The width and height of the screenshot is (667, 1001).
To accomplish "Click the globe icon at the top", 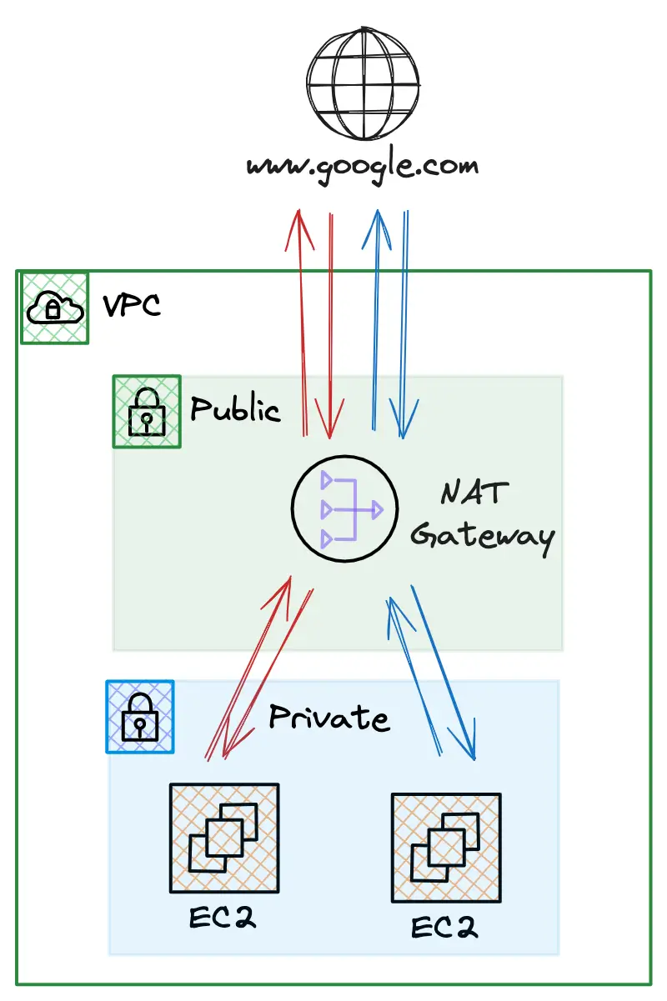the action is click(363, 83).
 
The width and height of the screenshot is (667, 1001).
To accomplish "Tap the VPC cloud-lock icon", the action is click(54, 308).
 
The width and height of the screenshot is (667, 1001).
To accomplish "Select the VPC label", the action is click(132, 306).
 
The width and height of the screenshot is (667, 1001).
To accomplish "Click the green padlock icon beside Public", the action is click(147, 412).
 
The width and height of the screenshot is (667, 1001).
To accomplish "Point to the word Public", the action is click(235, 408).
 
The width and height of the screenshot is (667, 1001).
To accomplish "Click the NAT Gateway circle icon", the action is click(344, 508).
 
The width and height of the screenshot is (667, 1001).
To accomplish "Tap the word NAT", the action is click(474, 492).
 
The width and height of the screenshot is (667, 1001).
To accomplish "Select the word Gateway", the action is click(483, 537).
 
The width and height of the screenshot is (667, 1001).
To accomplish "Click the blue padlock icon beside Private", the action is click(140, 717).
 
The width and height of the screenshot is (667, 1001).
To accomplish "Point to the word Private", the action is click(329, 718).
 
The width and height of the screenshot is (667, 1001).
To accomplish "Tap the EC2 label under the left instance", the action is click(223, 918).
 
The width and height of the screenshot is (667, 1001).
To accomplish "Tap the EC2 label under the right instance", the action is click(444, 928).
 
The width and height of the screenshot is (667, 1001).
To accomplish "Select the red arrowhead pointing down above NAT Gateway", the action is click(329, 420).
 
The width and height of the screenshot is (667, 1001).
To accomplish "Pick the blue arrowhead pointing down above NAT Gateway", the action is click(404, 420).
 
